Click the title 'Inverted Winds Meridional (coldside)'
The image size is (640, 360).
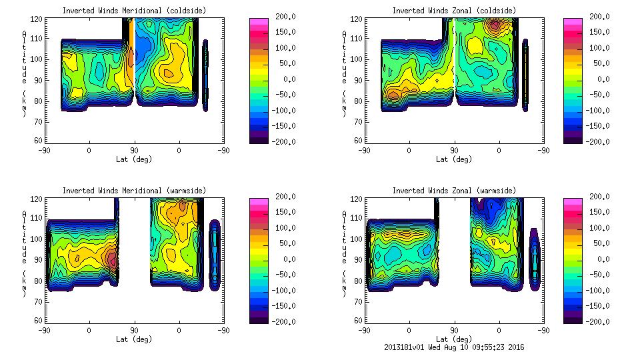coord(133,11)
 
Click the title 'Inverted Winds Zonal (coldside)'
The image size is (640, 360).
coord(453,11)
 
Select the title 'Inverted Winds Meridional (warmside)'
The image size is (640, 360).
coord(133,191)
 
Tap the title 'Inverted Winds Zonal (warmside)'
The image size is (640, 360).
coord(453,191)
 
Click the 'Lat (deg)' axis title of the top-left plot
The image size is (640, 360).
coord(134,159)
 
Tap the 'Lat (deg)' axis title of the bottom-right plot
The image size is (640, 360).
coord(454,339)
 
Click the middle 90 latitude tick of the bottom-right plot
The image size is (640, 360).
coord(454,330)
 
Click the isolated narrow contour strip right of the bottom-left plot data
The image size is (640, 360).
coord(215,255)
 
